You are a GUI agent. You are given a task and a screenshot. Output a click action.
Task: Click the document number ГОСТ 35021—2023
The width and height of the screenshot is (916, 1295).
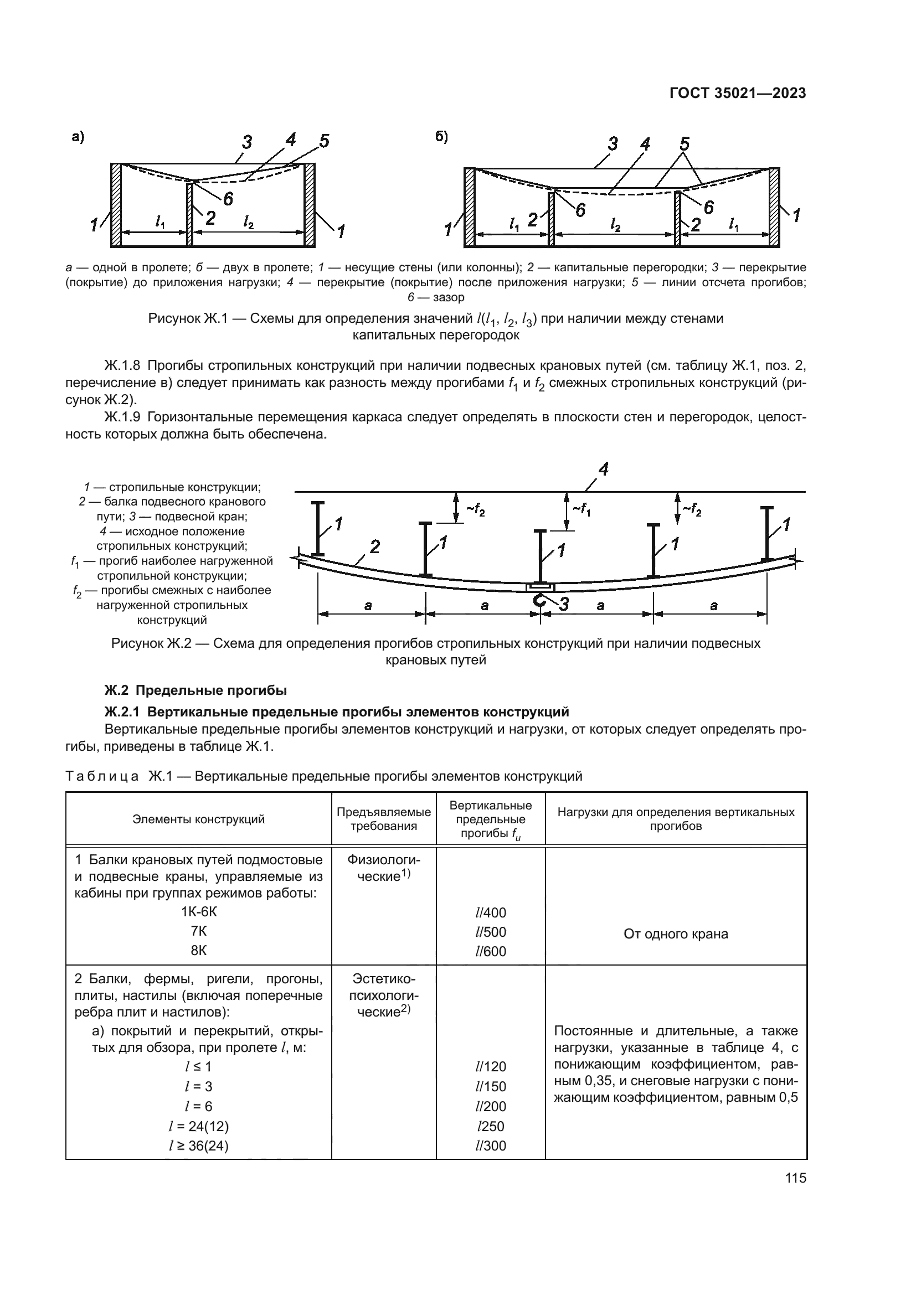(737, 94)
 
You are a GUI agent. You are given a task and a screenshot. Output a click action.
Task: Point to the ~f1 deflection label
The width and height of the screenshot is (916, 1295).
(581, 509)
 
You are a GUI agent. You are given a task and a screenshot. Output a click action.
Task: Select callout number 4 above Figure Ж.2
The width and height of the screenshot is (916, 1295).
(603, 469)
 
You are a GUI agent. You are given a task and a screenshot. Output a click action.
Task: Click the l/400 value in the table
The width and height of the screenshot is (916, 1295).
(490, 912)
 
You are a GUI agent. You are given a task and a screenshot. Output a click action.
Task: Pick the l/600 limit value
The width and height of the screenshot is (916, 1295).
(490, 952)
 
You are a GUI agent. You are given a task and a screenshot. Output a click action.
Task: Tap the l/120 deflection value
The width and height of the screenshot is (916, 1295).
(490, 1066)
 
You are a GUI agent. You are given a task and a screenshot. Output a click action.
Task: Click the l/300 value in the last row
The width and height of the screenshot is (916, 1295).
(490, 1146)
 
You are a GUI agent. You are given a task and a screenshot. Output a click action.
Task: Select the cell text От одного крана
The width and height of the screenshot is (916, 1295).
(675, 934)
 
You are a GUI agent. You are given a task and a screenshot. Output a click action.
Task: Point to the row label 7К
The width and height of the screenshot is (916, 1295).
(199, 931)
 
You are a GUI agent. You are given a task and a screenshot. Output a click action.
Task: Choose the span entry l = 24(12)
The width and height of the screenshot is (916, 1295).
(199, 1126)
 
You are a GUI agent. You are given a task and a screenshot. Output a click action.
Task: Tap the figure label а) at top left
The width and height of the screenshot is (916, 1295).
(78, 137)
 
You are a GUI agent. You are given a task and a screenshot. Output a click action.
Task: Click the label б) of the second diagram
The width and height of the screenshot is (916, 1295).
(441, 137)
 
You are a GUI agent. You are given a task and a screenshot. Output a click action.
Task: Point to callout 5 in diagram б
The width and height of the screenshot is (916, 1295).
(683, 143)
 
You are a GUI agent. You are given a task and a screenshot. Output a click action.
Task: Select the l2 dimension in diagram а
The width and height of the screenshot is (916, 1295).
(248, 223)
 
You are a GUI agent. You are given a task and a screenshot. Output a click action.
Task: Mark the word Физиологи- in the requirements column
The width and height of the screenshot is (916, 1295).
(384, 860)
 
